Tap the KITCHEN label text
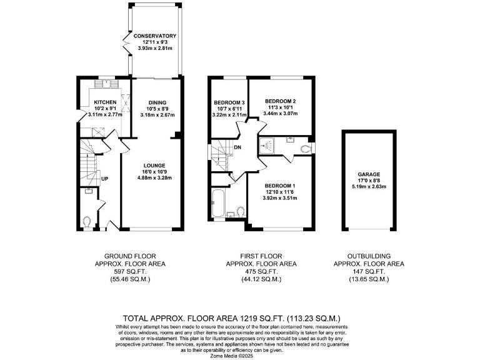106,102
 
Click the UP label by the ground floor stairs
105,179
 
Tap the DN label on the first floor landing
238,148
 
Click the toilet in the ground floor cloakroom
87,221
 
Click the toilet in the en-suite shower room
304,148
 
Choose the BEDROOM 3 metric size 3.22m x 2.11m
229,116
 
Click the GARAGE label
369,174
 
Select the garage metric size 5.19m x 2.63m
369,187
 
